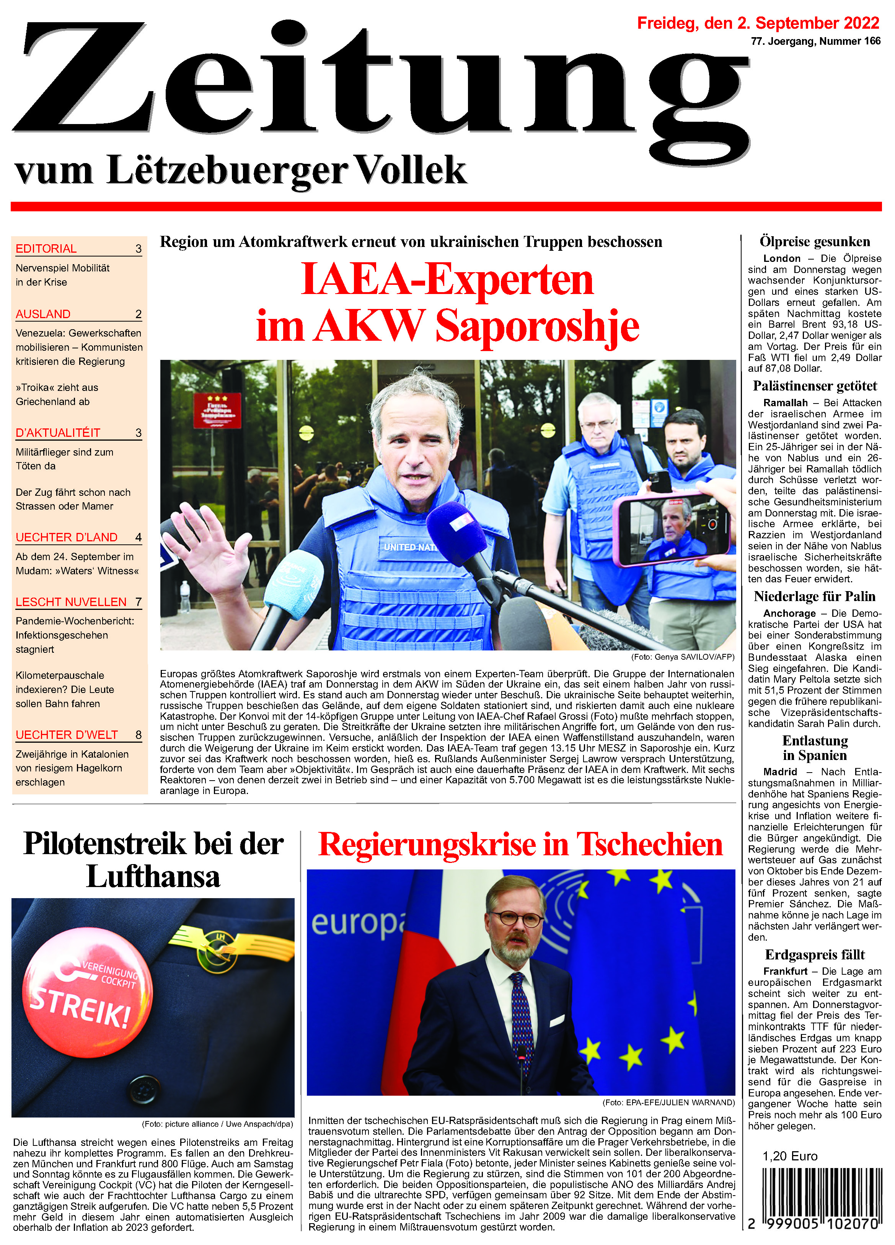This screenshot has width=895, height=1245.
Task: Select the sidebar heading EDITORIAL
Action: [x=46, y=249]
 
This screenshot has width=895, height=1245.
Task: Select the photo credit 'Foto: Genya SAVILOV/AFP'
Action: [x=682, y=657]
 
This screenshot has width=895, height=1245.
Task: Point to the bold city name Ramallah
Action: [x=785, y=403]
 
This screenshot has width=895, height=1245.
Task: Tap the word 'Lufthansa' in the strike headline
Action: [x=153, y=877]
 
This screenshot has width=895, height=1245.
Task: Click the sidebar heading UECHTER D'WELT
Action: [x=67, y=735]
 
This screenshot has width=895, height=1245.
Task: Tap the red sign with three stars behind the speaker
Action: [x=216, y=410]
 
